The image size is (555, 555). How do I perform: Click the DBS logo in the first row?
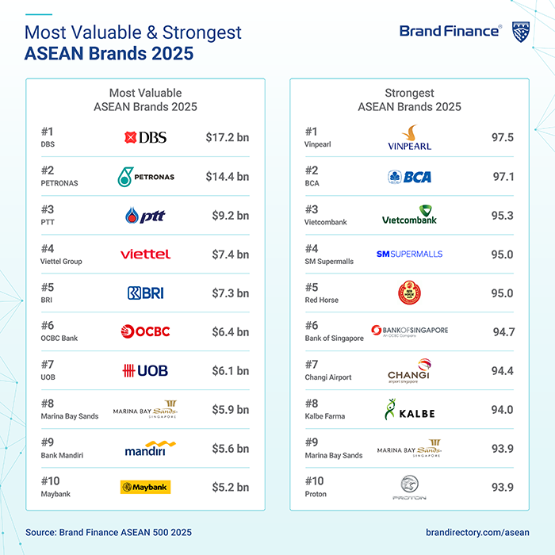click(x=145, y=138)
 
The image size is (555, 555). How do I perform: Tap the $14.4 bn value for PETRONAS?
click(x=227, y=177)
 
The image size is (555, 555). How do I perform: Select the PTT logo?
click(x=145, y=216)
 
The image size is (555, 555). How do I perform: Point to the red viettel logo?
click(x=145, y=255)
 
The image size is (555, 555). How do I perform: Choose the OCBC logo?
click(x=145, y=331)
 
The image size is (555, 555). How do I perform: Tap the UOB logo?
click(x=145, y=370)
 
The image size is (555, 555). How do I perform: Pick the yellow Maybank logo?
click(x=145, y=487)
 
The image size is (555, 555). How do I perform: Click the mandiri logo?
click(x=149, y=449)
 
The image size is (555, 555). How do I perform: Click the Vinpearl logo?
click(x=409, y=138)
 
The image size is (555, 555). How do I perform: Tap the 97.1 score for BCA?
click(x=503, y=177)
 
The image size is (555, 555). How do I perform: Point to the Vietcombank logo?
click(x=409, y=216)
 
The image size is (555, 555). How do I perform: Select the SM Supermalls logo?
click(x=409, y=255)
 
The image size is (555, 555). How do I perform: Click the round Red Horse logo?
click(x=409, y=293)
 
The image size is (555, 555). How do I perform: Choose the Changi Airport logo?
click(x=409, y=370)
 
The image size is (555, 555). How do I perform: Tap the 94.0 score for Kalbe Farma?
click(x=503, y=410)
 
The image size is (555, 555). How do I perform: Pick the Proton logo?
click(x=409, y=488)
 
